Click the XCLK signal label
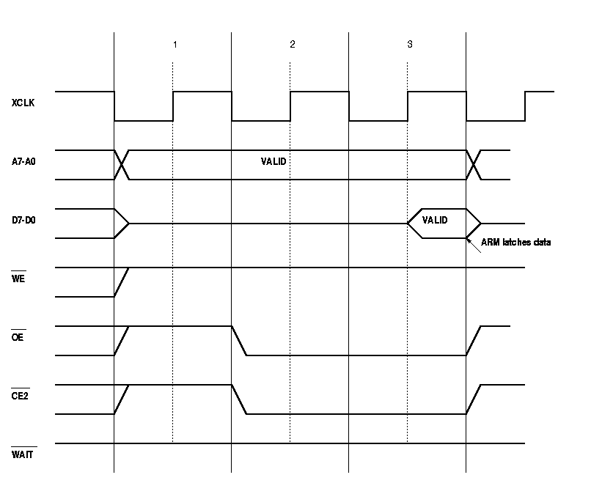23,103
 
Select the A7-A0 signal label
25,162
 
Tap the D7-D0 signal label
25,221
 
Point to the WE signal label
19,279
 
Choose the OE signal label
19,338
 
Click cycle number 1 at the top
175,45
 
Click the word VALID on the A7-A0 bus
274,161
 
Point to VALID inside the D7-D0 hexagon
435,220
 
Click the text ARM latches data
515,243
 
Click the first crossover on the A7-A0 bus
122,164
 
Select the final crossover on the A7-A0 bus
474,164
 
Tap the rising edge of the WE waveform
122,282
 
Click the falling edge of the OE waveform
239,341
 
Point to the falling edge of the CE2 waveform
239,399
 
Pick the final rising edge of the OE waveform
474,341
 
